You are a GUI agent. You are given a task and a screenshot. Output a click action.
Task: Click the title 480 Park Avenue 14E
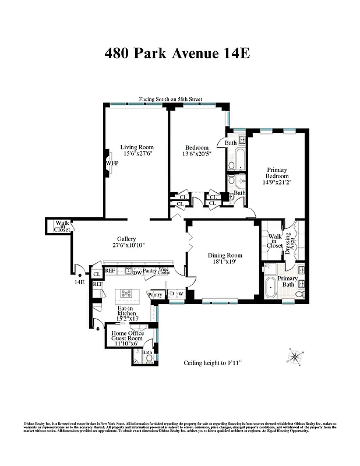[177, 53]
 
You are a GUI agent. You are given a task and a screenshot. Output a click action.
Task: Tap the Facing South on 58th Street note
[170, 100]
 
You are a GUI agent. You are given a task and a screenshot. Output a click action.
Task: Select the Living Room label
[136, 147]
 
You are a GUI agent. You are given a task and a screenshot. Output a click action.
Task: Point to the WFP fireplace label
[112, 164]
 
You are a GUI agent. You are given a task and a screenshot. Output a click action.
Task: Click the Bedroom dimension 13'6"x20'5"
[197, 155]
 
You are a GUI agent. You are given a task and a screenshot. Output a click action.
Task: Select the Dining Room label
[225, 255]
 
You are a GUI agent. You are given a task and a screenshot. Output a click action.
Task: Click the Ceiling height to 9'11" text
[213, 362]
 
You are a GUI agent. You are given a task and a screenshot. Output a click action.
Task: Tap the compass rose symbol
[295, 355]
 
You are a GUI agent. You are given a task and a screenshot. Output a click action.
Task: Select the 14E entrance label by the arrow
[79, 282]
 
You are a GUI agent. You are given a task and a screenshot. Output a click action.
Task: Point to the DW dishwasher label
[137, 272]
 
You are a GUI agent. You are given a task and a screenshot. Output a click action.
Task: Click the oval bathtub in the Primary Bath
[272, 290]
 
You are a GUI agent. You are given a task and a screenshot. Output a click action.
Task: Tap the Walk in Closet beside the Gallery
[61, 226]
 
